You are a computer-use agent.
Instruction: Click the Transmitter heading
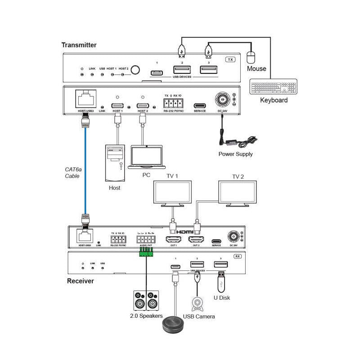pos(79,45)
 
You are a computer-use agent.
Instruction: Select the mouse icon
pos(252,58)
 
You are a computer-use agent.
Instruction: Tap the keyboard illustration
pos(274,87)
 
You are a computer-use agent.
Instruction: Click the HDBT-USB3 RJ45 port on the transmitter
pos(84,99)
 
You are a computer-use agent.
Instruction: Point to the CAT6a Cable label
pos(72,172)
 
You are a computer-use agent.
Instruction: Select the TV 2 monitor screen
pos(237,191)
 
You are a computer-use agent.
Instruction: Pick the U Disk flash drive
pos(221,281)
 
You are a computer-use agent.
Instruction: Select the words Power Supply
pos(235,154)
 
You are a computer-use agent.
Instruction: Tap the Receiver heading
pos(80,281)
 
